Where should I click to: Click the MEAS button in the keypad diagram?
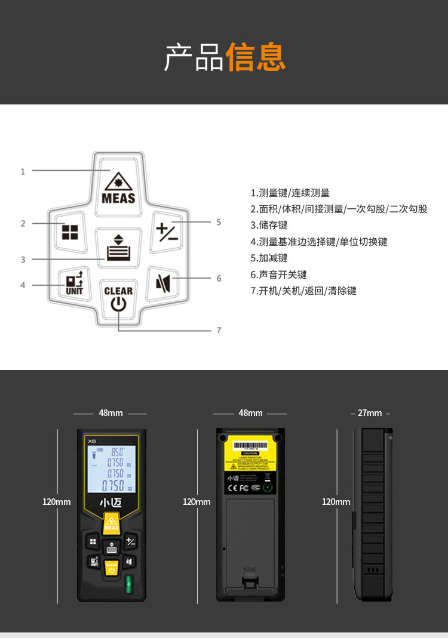(118, 185)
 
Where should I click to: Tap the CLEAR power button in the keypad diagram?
(118, 299)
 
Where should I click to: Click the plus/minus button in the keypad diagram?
(167, 230)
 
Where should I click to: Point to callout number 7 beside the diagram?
(219, 329)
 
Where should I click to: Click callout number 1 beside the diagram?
(23, 171)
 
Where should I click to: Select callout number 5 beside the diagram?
(219, 222)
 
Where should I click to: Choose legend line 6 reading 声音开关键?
(278, 275)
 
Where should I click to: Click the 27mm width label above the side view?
(370, 413)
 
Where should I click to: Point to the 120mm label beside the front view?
(56, 502)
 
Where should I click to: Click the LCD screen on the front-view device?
(112, 469)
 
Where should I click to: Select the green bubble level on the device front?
(127, 583)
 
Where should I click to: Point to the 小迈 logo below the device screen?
(111, 502)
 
